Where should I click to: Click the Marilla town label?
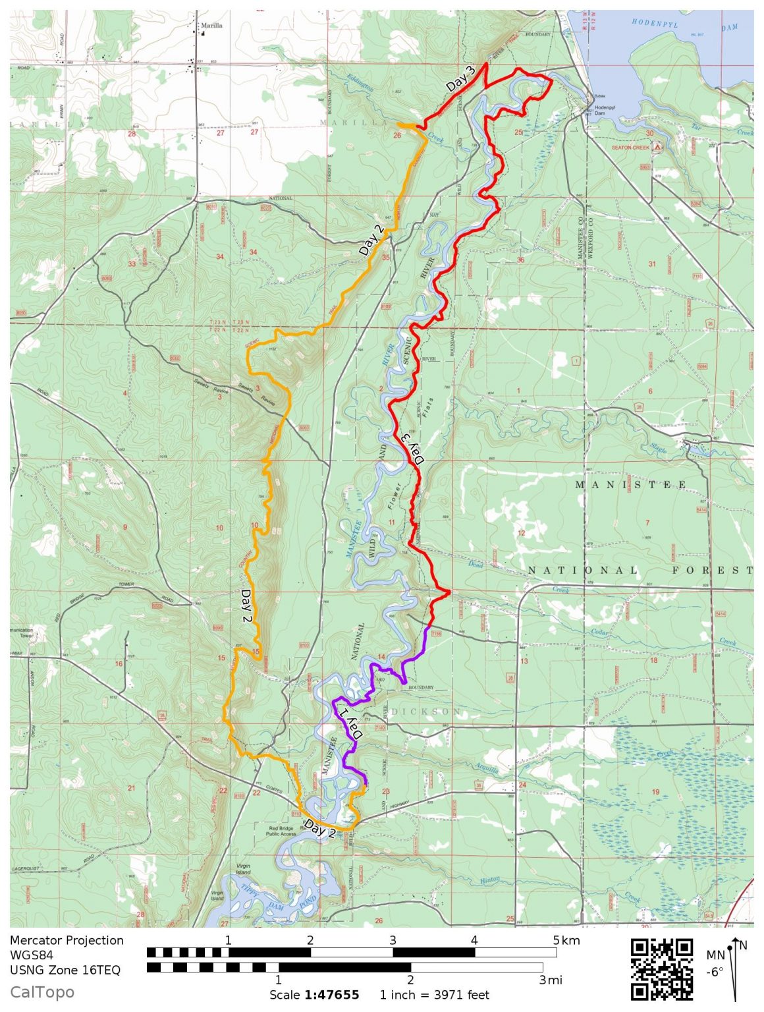click(x=211, y=26)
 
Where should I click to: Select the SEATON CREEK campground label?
click(x=630, y=148)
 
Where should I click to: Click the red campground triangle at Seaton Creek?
click(x=657, y=148)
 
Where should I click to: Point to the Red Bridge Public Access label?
click(x=281, y=831)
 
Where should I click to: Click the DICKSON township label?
click(x=426, y=712)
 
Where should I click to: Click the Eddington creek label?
click(x=360, y=83)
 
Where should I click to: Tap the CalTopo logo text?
click(x=42, y=992)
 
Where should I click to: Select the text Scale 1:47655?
click(x=314, y=995)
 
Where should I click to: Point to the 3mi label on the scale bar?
click(x=551, y=980)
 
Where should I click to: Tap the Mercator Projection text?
click(x=67, y=940)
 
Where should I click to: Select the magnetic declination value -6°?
click(x=715, y=971)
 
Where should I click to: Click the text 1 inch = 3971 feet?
click(x=435, y=995)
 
